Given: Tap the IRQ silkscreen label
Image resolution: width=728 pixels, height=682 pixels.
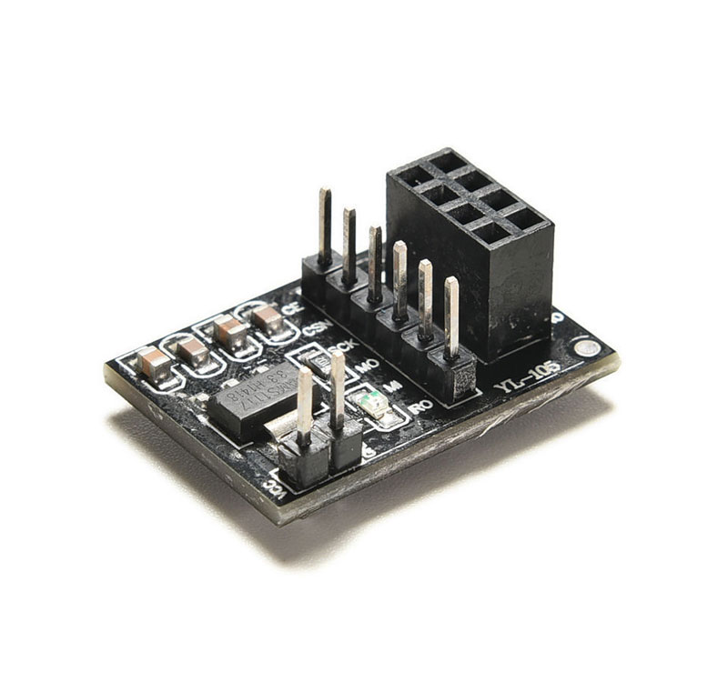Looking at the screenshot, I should click(420, 406).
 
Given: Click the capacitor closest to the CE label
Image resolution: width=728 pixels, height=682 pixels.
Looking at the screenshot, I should click(267, 318).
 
